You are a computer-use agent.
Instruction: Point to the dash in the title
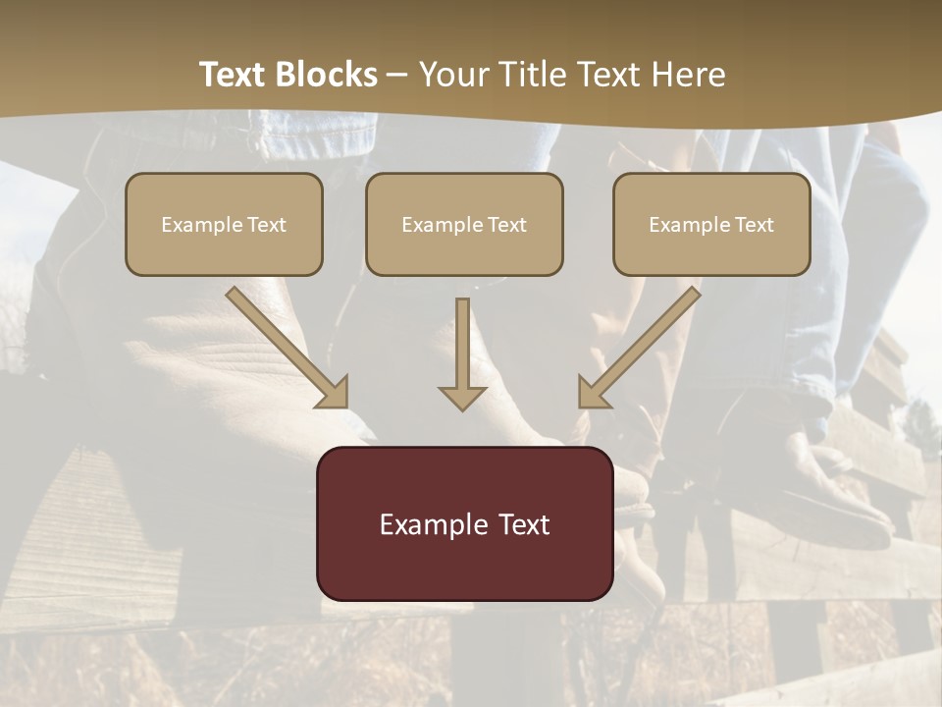point(397,76)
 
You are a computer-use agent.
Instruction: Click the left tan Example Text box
point(224,224)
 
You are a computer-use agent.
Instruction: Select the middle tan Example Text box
point(464,224)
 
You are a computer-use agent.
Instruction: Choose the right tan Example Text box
point(711,224)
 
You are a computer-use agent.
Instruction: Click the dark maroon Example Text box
point(464,523)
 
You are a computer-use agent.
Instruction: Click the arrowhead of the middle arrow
point(462,397)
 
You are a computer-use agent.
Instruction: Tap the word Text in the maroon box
point(525,524)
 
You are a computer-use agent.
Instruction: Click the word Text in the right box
point(754,225)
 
